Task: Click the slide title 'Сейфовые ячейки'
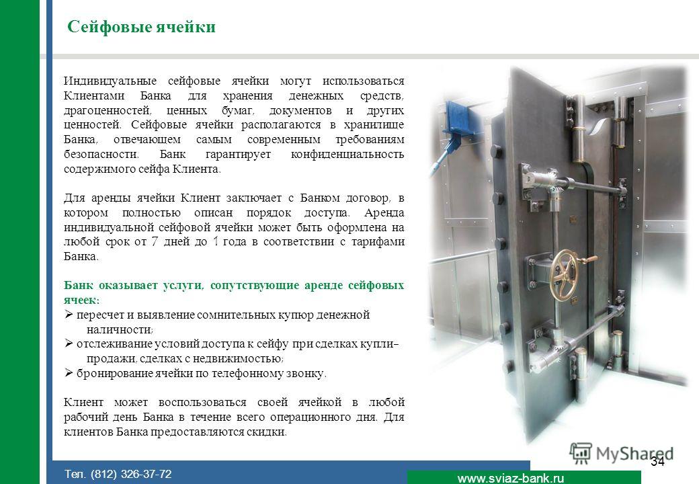[141, 27]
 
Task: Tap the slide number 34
[657, 461]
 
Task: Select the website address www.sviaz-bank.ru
[510, 478]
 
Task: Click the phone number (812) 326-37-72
[131, 474]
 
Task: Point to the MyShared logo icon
[581, 454]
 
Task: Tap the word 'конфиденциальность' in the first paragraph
[347, 154]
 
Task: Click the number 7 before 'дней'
[154, 241]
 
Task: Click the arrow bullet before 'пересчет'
[69, 314]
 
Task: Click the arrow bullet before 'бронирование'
[69, 372]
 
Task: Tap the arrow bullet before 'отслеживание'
[69, 343]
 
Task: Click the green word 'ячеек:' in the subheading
[81, 300]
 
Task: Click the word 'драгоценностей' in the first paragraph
[108, 110]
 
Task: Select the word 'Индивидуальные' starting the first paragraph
[110, 81]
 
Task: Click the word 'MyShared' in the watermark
[634, 454]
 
